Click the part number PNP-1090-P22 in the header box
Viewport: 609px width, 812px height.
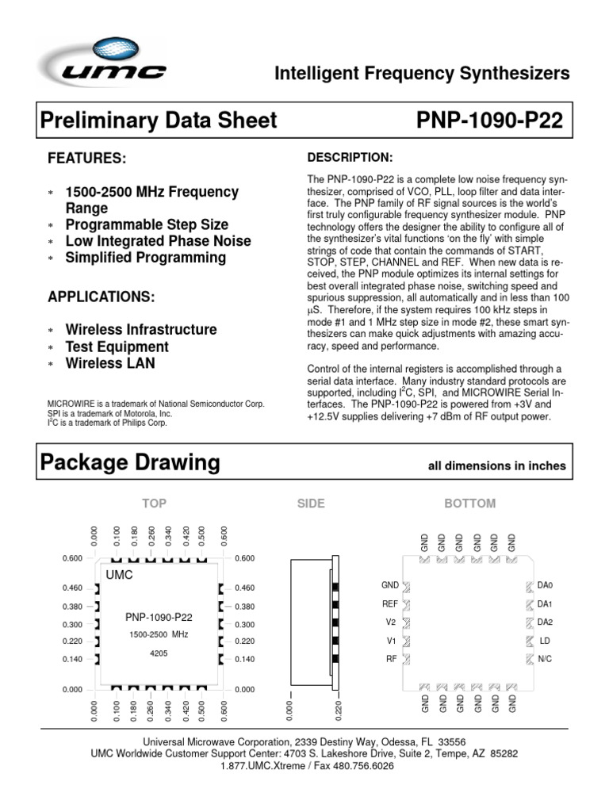[x=489, y=121]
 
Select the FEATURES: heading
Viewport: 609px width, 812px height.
[x=87, y=159]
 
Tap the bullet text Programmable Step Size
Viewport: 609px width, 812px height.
[x=147, y=224]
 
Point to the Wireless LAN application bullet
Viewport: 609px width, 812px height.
[x=110, y=364]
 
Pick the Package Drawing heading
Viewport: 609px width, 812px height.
[x=129, y=462]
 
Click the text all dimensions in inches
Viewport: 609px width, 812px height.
[x=497, y=466]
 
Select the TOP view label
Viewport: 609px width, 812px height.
[x=155, y=504]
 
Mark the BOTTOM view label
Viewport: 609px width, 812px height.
[x=469, y=504]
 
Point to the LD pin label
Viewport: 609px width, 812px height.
[x=545, y=641]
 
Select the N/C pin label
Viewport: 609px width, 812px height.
[x=545, y=659]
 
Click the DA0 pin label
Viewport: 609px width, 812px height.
[x=545, y=586]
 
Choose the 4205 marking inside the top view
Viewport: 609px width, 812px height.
[x=159, y=655]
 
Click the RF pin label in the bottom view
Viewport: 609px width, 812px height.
[x=392, y=659]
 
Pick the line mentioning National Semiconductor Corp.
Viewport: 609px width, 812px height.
[x=156, y=404]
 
